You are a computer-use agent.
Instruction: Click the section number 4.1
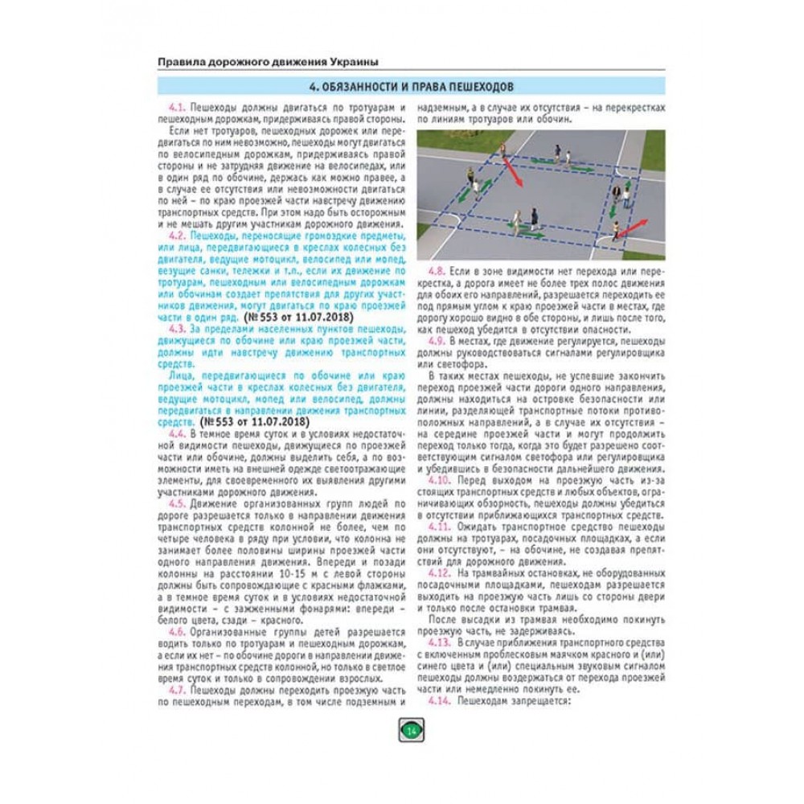click(177, 107)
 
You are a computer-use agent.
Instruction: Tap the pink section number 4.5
click(177, 505)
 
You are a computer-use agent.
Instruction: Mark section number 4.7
click(177, 690)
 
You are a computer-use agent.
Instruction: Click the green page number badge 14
click(411, 730)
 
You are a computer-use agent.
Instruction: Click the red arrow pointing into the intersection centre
click(511, 172)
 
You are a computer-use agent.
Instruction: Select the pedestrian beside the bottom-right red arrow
click(614, 231)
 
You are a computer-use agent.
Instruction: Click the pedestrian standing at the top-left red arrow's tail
click(502, 150)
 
